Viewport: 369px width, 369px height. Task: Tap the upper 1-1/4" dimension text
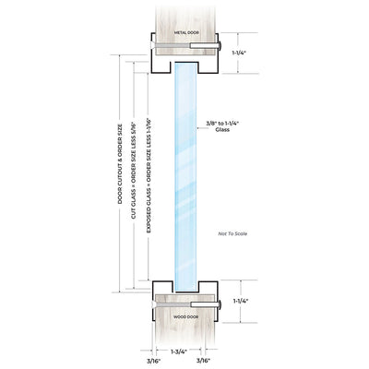(x=239, y=53)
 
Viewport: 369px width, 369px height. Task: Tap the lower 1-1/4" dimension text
(x=241, y=301)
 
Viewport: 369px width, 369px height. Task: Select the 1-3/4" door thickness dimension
(x=179, y=351)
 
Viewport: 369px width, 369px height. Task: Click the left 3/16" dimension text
(x=154, y=361)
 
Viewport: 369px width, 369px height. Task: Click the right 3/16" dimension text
(x=203, y=361)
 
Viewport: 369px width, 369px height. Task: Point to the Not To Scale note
(x=232, y=233)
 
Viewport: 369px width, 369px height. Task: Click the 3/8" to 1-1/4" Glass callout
(x=222, y=126)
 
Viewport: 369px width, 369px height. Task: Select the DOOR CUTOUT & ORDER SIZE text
(x=120, y=163)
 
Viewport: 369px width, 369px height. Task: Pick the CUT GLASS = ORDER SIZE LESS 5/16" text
(x=134, y=168)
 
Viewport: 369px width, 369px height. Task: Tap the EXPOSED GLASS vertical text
(x=149, y=175)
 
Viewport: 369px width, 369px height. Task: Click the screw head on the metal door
(x=220, y=45)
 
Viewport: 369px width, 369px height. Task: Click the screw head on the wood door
(x=220, y=304)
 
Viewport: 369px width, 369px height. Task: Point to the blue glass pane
(x=185, y=177)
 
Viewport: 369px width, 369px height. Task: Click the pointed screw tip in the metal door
(x=153, y=45)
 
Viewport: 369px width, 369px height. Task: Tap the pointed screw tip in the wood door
(x=153, y=304)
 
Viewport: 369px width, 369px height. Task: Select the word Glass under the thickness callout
(x=222, y=130)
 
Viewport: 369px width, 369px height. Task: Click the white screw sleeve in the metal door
(x=204, y=45)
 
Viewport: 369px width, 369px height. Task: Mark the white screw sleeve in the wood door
(x=204, y=304)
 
